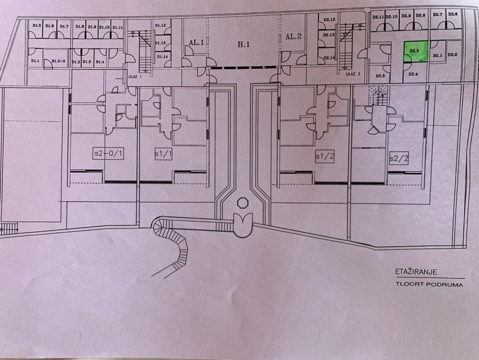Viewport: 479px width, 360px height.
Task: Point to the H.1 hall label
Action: (243, 45)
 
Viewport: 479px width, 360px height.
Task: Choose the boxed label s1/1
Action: (163, 154)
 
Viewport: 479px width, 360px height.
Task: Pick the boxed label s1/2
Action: (324, 155)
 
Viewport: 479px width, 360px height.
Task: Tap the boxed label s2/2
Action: (398, 157)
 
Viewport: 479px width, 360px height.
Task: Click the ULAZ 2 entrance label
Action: (353, 74)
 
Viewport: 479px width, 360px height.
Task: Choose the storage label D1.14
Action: (162, 56)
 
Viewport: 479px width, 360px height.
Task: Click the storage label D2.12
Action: (328, 20)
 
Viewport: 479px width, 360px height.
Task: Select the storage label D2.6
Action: (452, 14)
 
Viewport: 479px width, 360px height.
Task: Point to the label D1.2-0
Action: (58, 62)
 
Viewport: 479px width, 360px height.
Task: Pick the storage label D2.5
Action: (380, 76)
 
